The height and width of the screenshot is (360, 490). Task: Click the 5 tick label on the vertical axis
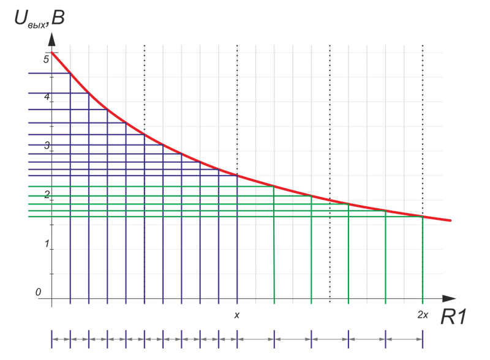[46, 60]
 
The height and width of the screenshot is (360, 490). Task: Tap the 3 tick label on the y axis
[46, 146]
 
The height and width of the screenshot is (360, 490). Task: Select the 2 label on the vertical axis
[46, 195]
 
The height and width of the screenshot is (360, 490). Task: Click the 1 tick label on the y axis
[46, 244]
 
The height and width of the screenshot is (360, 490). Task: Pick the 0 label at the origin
[39, 293]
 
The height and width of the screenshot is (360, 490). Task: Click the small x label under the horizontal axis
[237, 315]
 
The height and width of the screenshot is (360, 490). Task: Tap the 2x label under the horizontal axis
[423, 315]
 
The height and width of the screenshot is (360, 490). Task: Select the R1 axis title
[454, 316]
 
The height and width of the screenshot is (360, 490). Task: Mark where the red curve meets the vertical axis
[52, 53]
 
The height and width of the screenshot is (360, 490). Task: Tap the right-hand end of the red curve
[451, 220]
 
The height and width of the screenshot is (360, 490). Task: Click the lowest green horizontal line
[184, 216]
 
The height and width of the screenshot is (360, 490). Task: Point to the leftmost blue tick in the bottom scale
[52, 339]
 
